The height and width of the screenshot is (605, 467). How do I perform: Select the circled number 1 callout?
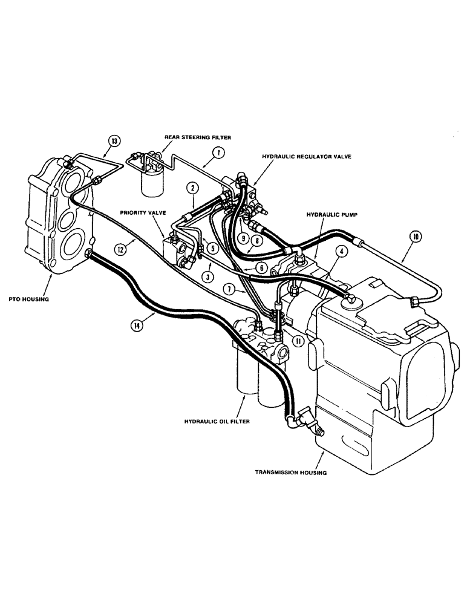coord(220,154)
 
